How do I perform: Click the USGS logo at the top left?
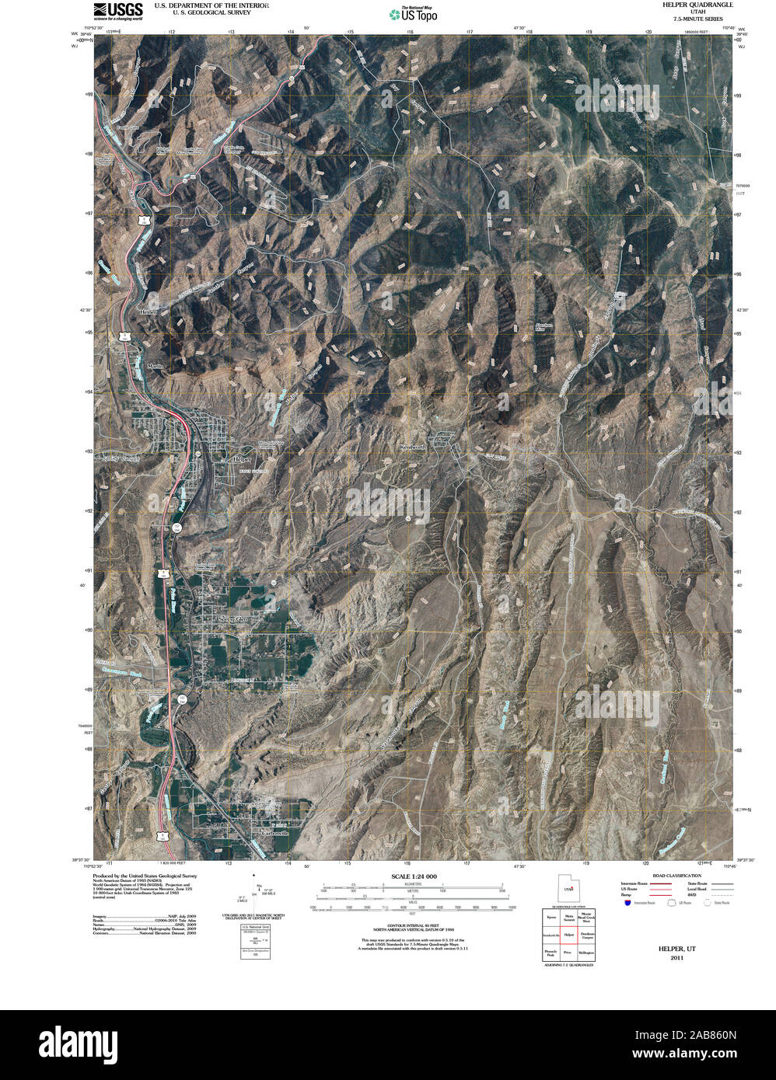tap(117, 11)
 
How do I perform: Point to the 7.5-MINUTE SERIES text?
tap(692, 19)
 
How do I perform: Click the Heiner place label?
tap(148, 312)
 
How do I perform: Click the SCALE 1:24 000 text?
tap(414, 876)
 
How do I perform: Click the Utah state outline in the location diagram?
tap(568, 887)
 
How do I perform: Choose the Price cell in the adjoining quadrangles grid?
tap(568, 952)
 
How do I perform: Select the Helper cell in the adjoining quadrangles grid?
tap(568, 935)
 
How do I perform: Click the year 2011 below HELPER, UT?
tap(676, 957)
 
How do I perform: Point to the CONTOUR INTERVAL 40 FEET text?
tap(414, 925)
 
